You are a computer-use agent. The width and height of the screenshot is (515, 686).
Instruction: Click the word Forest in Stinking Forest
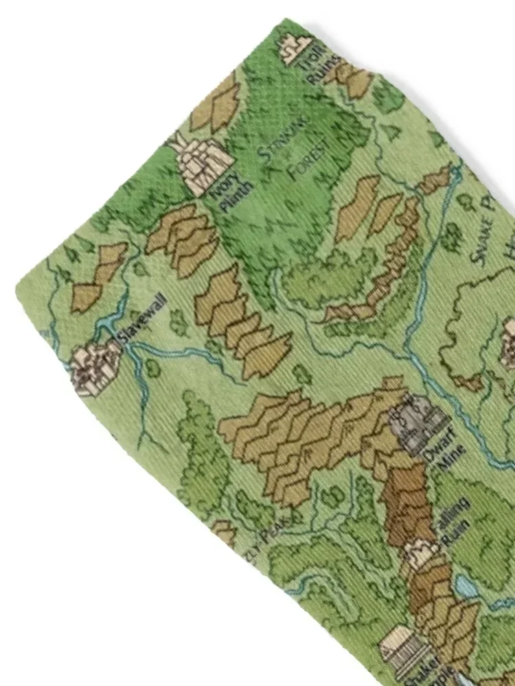coord(303,160)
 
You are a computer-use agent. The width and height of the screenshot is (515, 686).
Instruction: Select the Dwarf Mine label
coord(450,449)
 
